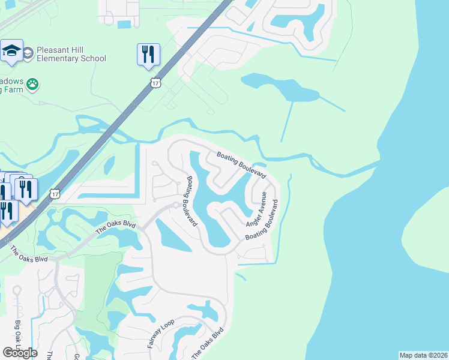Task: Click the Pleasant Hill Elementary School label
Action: [x=71, y=53]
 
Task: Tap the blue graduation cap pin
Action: [x=11, y=51]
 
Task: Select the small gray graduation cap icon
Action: [x=28, y=54]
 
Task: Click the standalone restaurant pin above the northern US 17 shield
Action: [x=147, y=54]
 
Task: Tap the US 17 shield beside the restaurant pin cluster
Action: [x=55, y=193]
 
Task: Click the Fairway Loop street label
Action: [x=155, y=335]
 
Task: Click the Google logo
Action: [x=20, y=353]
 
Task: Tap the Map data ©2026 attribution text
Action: [x=423, y=355]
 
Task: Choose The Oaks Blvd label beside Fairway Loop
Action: [x=208, y=344]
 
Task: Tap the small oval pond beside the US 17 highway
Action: [x=109, y=165]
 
